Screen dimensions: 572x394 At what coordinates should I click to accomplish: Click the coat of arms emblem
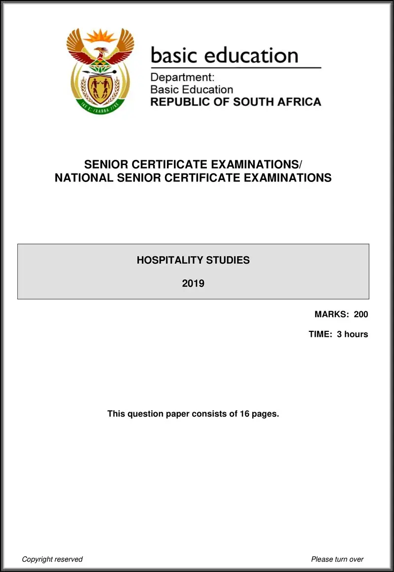click(100, 70)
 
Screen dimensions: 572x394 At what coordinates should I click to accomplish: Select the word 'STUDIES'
click(228, 260)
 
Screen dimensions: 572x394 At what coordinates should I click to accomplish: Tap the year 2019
click(193, 284)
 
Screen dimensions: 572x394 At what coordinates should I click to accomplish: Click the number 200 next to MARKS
click(361, 314)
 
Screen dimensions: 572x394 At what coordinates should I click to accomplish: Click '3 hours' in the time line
click(353, 334)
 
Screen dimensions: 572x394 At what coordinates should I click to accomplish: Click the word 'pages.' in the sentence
click(265, 414)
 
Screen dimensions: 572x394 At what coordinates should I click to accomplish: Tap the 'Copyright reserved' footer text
click(52, 559)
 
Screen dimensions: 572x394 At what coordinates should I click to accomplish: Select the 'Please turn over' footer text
click(337, 559)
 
